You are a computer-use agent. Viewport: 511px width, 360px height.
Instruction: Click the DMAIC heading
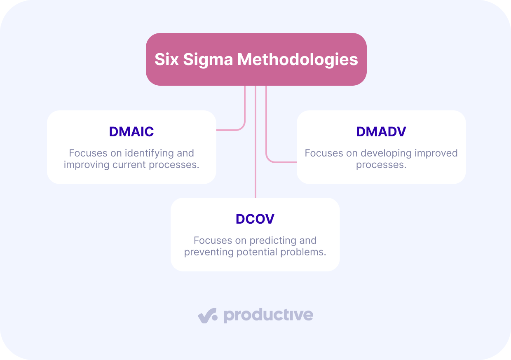point(131,131)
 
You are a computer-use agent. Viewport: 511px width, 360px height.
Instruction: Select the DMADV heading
point(381,131)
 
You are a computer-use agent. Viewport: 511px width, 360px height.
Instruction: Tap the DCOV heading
point(255,219)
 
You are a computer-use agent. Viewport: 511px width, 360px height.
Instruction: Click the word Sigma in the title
point(208,60)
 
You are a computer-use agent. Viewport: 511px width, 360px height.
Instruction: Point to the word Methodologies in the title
point(298,60)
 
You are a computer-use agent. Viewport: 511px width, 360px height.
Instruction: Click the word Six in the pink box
point(166,59)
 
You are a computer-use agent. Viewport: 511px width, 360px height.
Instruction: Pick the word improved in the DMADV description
point(436,153)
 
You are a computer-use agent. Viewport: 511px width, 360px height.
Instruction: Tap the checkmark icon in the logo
point(208,316)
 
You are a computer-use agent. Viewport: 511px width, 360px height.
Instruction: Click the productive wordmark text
point(269,316)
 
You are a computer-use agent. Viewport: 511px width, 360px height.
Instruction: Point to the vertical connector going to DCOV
point(255,142)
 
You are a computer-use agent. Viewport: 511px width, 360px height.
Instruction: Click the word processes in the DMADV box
point(381,165)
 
